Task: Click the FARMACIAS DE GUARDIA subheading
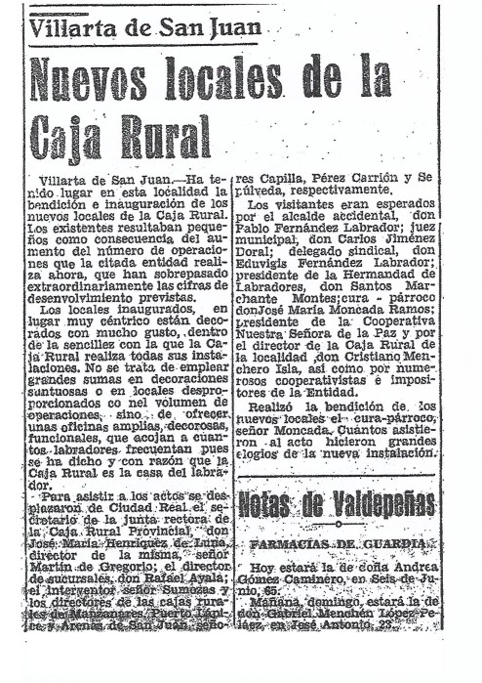[x=338, y=542]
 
